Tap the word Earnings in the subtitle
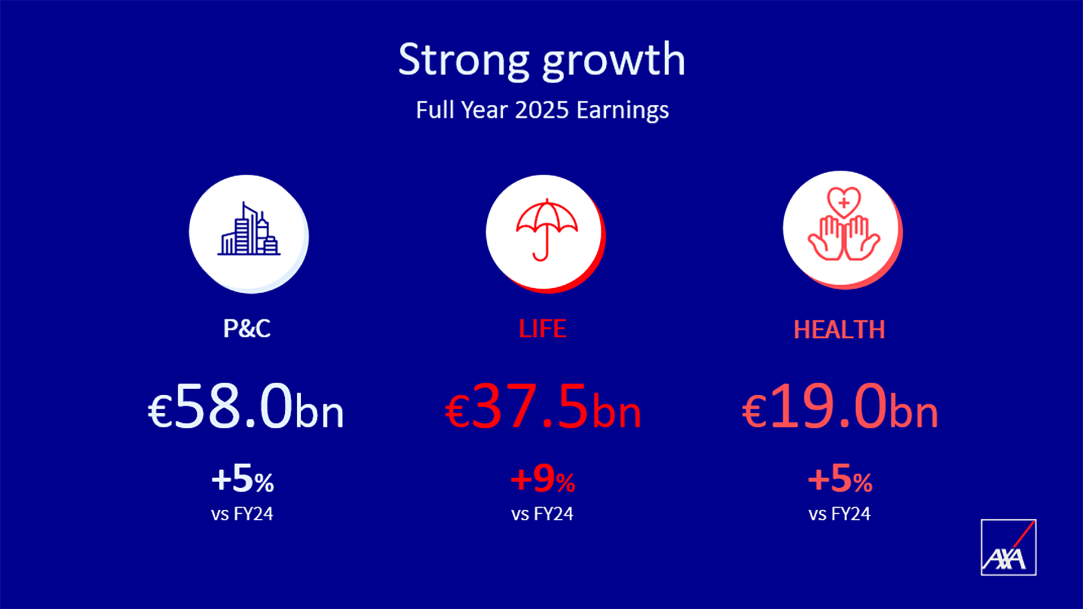pos(623,111)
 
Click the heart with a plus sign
pos(844,202)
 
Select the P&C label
pos(247,329)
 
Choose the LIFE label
pos(543,329)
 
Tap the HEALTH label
pos(839,330)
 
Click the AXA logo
pos(1009,547)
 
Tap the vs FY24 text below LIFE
pos(542,514)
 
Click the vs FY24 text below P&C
pos(242,514)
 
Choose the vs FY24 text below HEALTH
pos(839,514)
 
